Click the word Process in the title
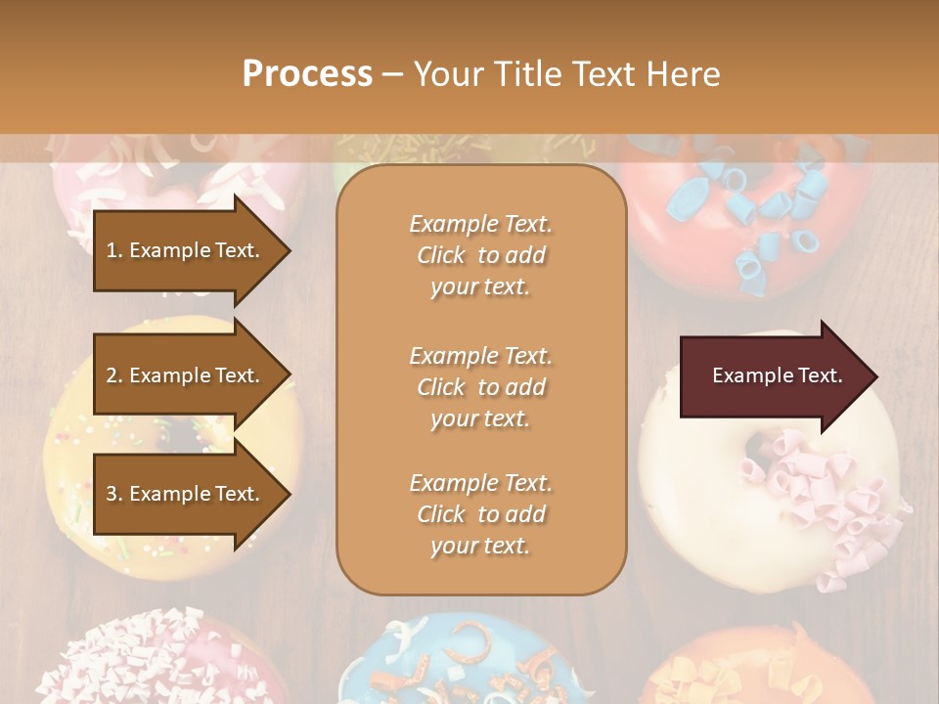click(307, 74)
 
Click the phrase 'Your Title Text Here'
click(566, 74)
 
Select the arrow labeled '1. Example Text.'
click(183, 250)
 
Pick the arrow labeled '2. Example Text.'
click(183, 375)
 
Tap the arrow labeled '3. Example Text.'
click(183, 494)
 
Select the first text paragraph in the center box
click(480, 255)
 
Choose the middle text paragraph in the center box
click(480, 387)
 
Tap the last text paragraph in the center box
click(480, 514)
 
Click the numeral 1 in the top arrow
click(112, 250)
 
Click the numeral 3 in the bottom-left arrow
click(112, 494)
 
